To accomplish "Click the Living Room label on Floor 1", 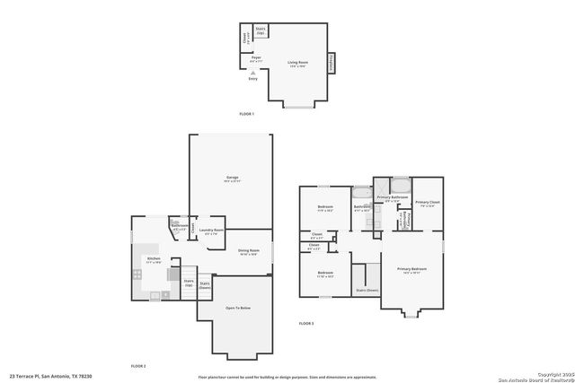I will click(x=297, y=63).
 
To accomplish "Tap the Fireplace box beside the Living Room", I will click(x=331, y=63).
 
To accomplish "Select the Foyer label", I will click(x=256, y=58).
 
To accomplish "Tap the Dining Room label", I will click(x=249, y=251).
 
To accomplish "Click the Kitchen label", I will click(x=154, y=260).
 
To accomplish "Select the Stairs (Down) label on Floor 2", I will click(x=205, y=285).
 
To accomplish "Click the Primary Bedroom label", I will click(x=413, y=269).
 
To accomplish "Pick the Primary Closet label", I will click(x=428, y=204).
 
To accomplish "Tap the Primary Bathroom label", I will click(x=393, y=198).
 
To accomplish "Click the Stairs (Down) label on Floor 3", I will click(x=367, y=291).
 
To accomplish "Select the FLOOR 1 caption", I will click(x=247, y=114).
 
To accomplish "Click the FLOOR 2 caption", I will click(x=138, y=365).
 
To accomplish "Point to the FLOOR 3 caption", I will click(x=307, y=323).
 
